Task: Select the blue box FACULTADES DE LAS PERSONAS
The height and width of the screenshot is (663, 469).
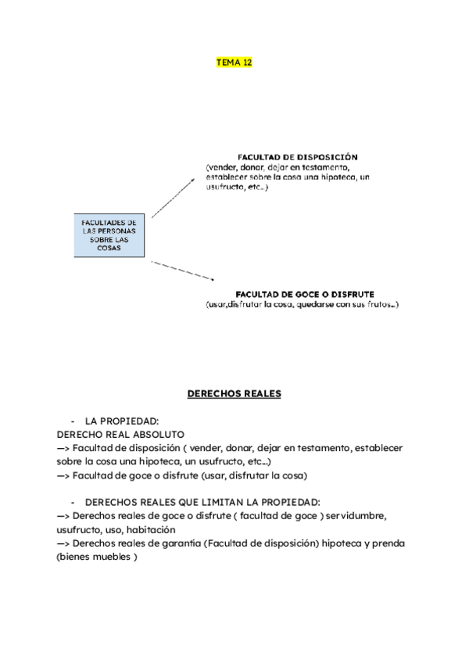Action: [x=109, y=235]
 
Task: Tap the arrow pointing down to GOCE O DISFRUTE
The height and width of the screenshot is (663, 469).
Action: [x=182, y=271]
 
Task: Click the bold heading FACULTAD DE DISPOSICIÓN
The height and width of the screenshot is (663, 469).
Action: [x=297, y=156]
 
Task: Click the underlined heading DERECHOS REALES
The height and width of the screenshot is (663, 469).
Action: [x=234, y=394]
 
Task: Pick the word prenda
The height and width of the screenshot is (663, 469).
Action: [x=388, y=543]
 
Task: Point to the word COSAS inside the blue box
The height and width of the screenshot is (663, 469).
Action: [x=109, y=249]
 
